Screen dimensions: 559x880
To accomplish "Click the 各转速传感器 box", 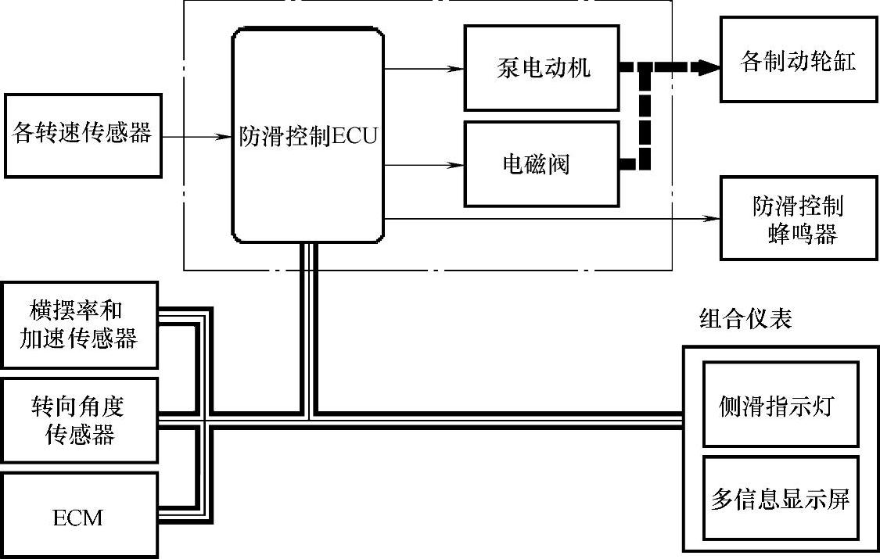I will pyautogui.click(x=83, y=135).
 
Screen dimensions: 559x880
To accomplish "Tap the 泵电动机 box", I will pyautogui.click(x=542, y=68).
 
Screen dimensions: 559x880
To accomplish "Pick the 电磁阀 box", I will pyautogui.click(x=542, y=163).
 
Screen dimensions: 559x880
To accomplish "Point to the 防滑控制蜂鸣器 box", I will pyautogui.click(x=797, y=220).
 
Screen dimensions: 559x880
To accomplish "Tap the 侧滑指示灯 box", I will pyautogui.click(x=780, y=406).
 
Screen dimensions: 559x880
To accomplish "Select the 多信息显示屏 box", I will pyautogui.click(x=780, y=498).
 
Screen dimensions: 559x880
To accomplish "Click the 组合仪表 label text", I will pyautogui.click(x=745, y=319).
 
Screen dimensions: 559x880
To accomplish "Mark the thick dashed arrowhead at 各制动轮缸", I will pyautogui.click(x=709, y=67).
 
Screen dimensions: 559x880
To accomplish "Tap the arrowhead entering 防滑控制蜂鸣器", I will pyautogui.click(x=712, y=219).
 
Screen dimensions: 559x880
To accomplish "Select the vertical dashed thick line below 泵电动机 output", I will pyautogui.click(x=645, y=117).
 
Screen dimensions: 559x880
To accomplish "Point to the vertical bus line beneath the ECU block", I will pyautogui.click(x=307, y=328).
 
